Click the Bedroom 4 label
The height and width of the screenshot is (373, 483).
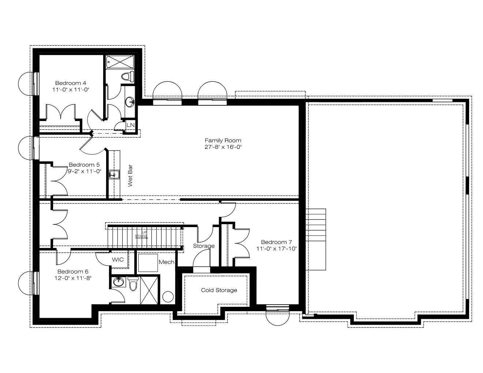pyautogui.click(x=71, y=83)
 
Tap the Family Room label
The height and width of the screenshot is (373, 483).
pyautogui.click(x=223, y=140)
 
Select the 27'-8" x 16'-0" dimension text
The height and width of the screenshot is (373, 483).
pyautogui.click(x=223, y=147)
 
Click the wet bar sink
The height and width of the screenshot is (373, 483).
pyautogui.click(x=114, y=174)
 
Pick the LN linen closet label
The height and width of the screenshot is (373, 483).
pyautogui.click(x=131, y=125)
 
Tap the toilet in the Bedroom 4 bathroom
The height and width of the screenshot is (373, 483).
pyautogui.click(x=128, y=76)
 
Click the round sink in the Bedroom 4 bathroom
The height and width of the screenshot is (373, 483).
pyautogui.click(x=130, y=102)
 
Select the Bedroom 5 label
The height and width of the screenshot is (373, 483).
pyautogui.click(x=84, y=165)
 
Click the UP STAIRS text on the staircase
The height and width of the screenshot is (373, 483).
pyautogui.click(x=141, y=234)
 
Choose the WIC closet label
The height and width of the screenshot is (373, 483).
pyautogui.click(x=117, y=260)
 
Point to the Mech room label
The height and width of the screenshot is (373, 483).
pyautogui.click(x=166, y=262)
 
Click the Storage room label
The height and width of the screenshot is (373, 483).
pyautogui.click(x=203, y=246)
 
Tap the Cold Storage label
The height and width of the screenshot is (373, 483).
pyautogui.click(x=219, y=290)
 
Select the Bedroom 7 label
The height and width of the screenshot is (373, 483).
pyautogui.click(x=276, y=242)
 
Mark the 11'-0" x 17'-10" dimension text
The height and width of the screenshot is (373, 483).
pyautogui.click(x=277, y=249)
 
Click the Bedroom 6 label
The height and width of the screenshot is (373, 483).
pyautogui.click(x=73, y=271)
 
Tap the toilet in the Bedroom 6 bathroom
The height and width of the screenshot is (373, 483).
pyautogui.click(x=133, y=284)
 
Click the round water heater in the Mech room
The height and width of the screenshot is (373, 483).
pyautogui.click(x=168, y=297)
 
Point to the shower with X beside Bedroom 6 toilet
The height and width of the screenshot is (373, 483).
pyautogui.click(x=149, y=290)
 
